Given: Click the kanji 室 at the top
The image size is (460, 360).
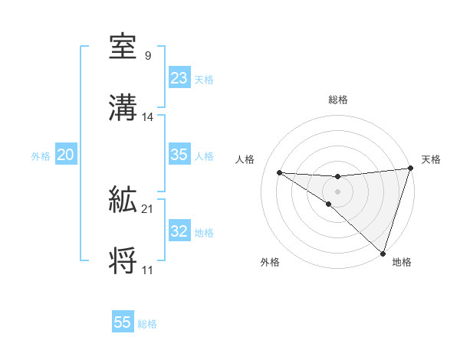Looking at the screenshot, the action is (123, 47).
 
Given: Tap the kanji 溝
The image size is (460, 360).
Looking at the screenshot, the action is (123, 108).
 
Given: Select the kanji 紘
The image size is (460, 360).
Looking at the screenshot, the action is (123, 201).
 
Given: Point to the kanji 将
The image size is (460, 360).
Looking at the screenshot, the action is (123, 261).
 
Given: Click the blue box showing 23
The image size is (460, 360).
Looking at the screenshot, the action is (179, 78).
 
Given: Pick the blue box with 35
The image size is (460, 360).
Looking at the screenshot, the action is (179, 155).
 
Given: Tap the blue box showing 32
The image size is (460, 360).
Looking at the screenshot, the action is (179, 231).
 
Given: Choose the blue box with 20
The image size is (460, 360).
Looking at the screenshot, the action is (65, 155).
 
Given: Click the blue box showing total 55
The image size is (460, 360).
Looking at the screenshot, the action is (123, 322).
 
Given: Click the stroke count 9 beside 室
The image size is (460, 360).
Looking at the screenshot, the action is (147, 55).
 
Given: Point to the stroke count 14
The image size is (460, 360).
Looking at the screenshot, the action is (148, 116).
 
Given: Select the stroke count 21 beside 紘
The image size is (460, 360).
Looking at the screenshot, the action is (148, 208).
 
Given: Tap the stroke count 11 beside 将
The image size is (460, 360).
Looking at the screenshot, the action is (147, 270).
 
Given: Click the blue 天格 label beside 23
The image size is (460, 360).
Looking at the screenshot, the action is (204, 79).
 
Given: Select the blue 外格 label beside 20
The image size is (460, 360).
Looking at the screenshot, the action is (41, 155).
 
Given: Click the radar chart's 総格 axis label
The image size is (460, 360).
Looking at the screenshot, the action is (338, 100).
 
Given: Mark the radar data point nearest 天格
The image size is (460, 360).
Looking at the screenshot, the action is (410, 169).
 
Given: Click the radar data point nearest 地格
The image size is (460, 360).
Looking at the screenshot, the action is (383, 254).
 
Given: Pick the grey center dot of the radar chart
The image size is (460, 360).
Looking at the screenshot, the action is (337, 190).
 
